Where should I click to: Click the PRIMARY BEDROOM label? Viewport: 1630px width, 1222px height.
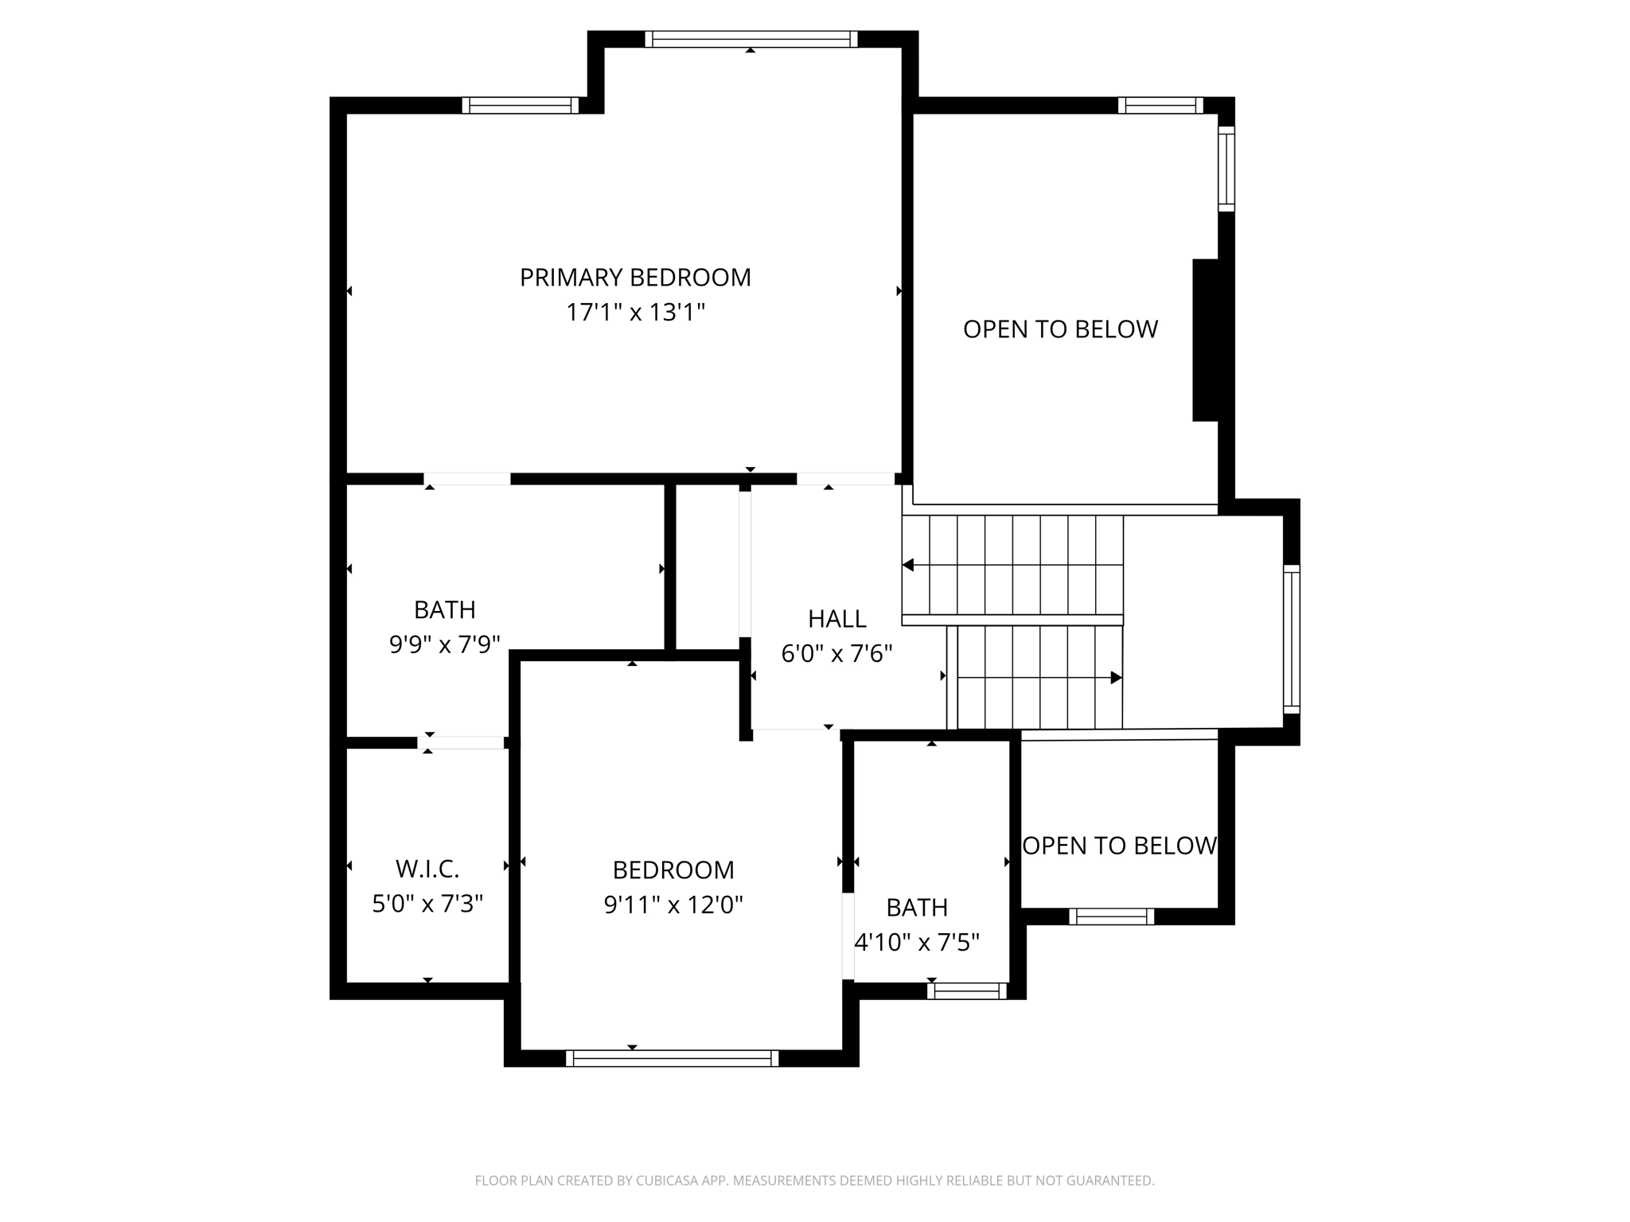point(635,278)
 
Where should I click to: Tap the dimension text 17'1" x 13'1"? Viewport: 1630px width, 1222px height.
point(635,313)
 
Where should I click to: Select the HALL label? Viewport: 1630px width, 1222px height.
point(836,619)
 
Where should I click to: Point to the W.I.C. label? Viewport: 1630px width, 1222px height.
point(427,869)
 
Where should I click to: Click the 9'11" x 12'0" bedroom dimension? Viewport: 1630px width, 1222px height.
point(673,905)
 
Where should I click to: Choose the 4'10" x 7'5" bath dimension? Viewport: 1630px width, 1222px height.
point(916,943)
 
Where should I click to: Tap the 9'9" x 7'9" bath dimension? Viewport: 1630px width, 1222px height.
point(444,644)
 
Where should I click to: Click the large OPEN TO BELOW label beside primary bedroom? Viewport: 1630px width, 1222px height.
point(1060,329)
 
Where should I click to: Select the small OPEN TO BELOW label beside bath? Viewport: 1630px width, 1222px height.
point(1119,846)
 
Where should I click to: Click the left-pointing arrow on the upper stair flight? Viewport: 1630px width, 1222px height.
point(908,565)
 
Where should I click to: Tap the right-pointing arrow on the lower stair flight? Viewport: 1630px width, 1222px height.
point(1116,678)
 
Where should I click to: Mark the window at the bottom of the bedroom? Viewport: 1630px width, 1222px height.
point(672,1058)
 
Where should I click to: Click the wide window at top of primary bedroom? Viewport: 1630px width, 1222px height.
point(751,39)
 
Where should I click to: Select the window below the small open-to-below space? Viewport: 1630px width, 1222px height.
point(1111,916)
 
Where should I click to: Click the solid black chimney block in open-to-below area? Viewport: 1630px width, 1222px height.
point(1205,340)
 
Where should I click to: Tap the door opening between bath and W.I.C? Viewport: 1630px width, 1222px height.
point(462,742)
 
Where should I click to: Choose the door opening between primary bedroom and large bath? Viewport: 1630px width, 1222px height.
point(466,479)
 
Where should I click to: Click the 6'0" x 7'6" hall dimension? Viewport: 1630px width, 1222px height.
point(836,654)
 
